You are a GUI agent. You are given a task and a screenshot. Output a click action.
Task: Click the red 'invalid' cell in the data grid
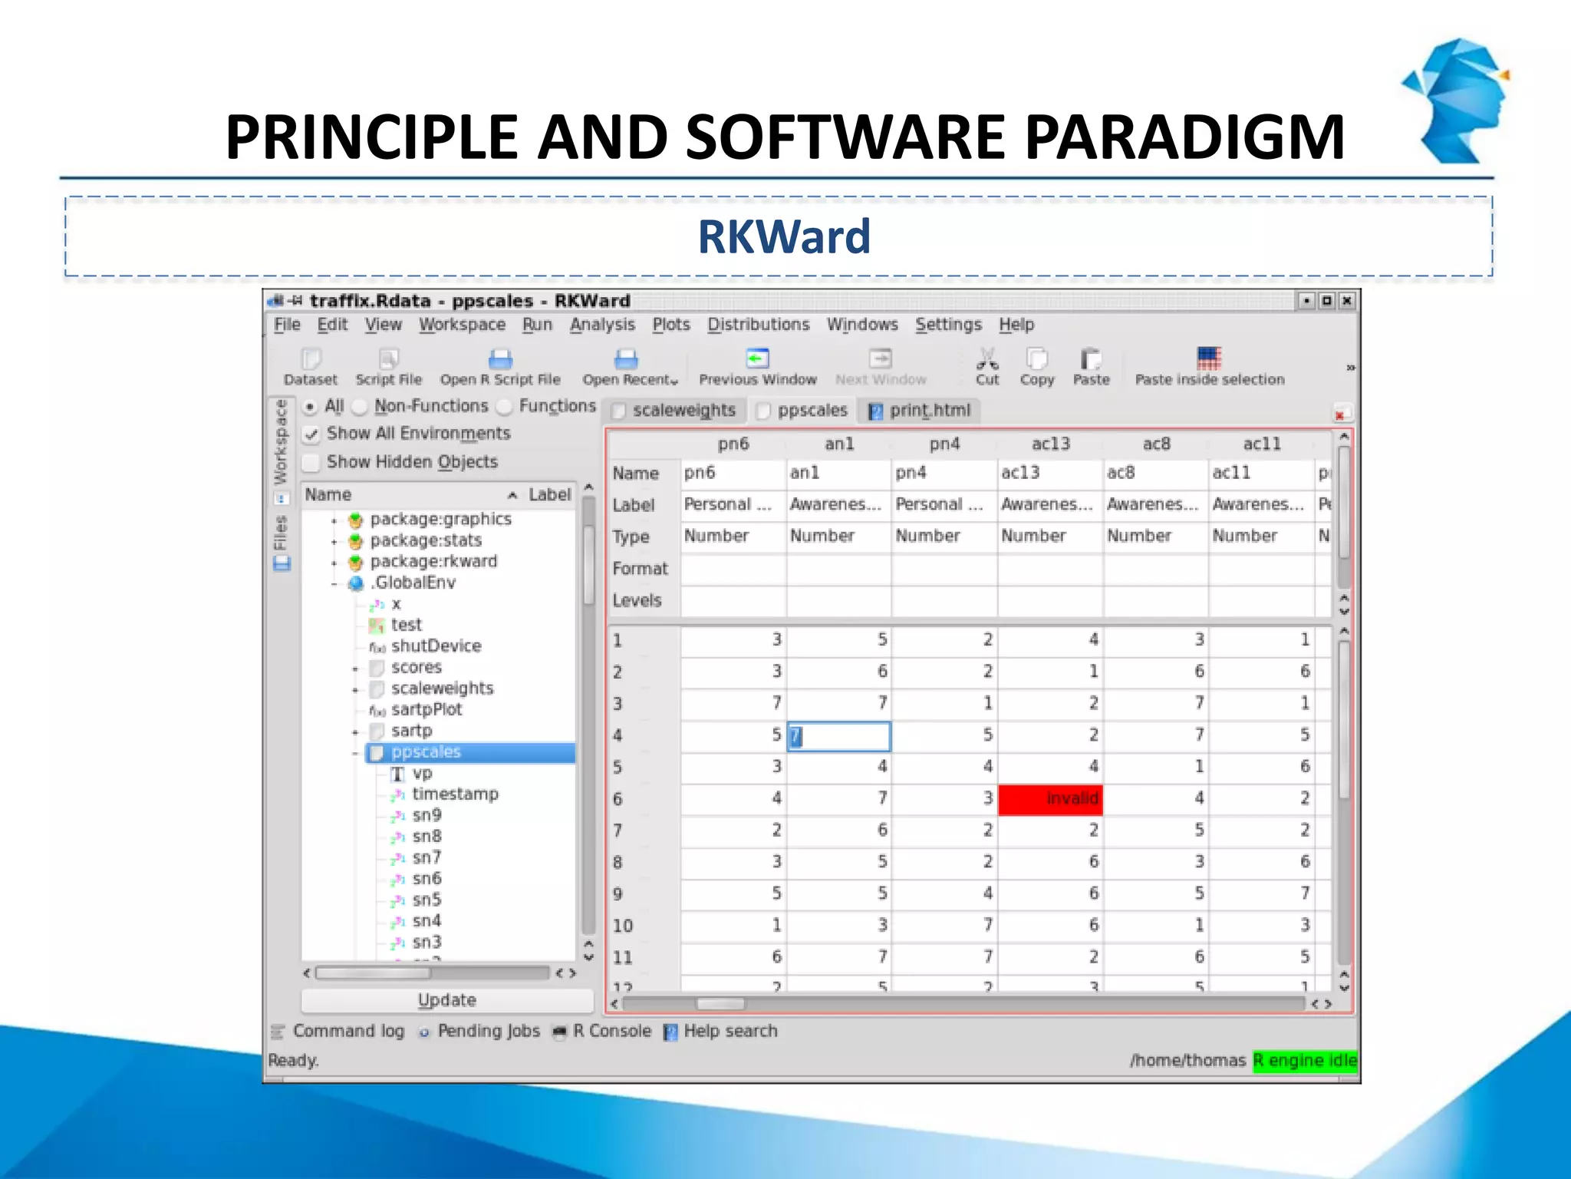[1050, 798]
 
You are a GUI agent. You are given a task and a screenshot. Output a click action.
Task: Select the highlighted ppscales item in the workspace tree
[426, 752]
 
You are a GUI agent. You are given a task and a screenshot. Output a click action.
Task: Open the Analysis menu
[602, 325]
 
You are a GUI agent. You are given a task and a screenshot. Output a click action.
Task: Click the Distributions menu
[758, 325]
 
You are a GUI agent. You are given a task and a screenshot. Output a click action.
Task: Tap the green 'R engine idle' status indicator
[1304, 1060]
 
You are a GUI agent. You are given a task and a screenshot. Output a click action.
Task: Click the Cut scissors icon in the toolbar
[987, 358]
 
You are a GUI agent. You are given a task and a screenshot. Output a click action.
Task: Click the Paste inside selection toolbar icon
[1209, 358]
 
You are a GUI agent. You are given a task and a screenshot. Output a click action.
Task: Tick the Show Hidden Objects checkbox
[311, 462]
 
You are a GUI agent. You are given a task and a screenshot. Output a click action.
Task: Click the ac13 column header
[1050, 444]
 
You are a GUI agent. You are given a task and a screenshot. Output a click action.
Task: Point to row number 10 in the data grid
[623, 926]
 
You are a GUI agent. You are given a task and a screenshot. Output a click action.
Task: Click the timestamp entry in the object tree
[455, 794]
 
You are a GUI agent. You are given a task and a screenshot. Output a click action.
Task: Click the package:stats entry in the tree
[426, 540]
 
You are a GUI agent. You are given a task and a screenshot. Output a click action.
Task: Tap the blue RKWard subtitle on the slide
[784, 236]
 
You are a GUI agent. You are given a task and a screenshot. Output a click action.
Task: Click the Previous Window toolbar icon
[757, 358]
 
